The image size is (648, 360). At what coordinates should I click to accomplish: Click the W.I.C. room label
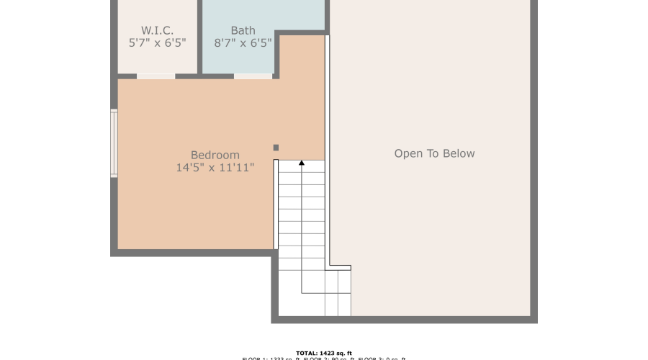(157, 30)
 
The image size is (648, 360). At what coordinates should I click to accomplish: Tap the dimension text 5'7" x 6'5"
(157, 42)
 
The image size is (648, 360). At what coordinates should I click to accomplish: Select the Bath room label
(243, 30)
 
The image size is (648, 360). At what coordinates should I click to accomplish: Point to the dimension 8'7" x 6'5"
(243, 42)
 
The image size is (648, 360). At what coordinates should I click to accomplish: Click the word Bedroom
(215, 155)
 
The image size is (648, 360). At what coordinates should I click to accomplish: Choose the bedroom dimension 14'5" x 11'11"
(215, 168)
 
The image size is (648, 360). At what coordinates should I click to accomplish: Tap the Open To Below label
(434, 153)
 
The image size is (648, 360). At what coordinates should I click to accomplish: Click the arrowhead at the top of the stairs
(302, 163)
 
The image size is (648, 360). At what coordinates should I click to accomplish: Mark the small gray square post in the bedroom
(276, 148)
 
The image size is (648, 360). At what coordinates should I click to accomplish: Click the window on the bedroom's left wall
(114, 143)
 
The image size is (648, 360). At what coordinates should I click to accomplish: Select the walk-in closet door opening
(156, 76)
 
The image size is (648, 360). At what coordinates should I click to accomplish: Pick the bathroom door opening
(253, 76)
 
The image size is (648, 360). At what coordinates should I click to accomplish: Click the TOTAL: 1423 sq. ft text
(323, 353)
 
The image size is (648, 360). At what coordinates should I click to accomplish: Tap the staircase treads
(301, 216)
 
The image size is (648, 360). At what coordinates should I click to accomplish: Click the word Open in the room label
(407, 153)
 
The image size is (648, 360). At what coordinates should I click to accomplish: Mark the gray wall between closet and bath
(199, 36)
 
